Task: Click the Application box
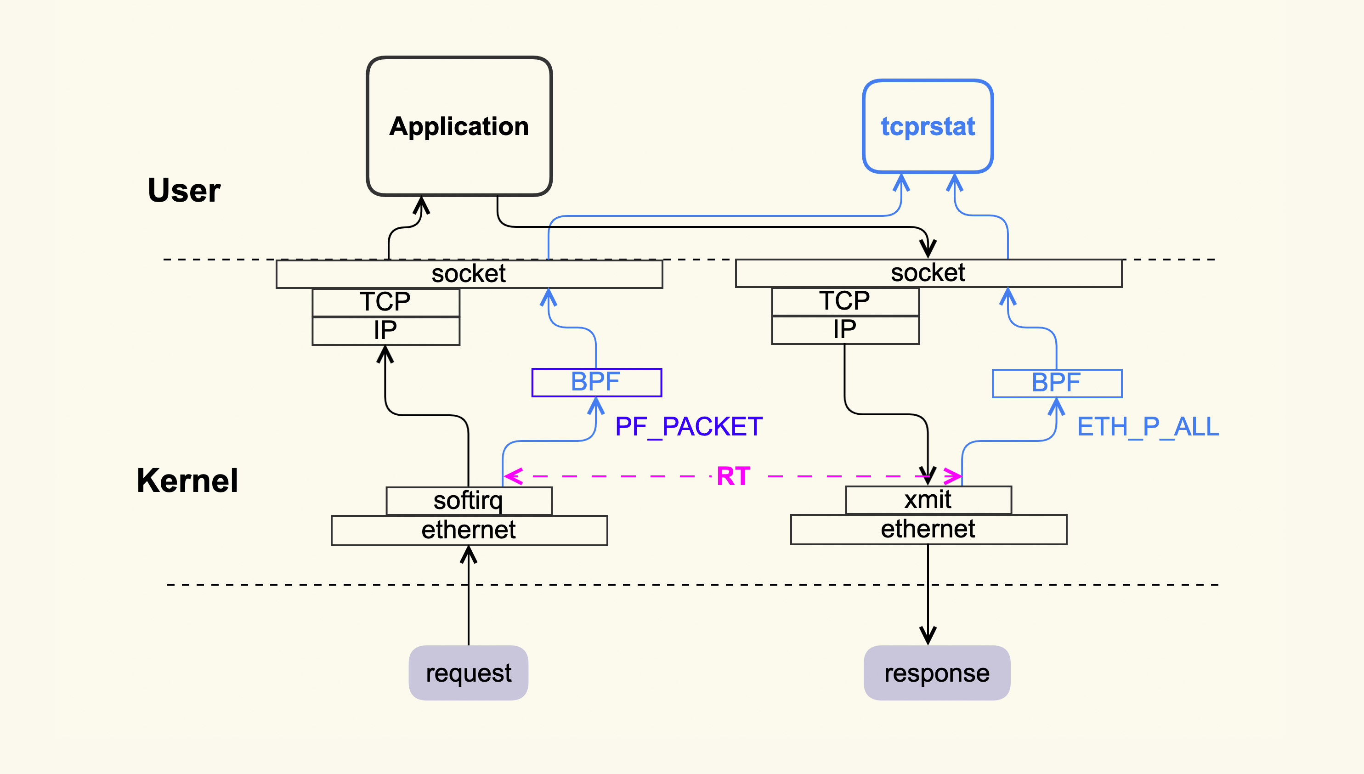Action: click(459, 126)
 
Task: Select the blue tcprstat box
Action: click(928, 126)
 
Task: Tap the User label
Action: click(184, 190)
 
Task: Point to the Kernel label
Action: click(187, 480)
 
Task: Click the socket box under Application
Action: click(469, 274)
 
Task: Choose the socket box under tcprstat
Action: click(928, 273)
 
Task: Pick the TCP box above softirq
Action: click(385, 302)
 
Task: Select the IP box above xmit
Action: click(845, 330)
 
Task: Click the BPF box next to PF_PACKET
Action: click(596, 382)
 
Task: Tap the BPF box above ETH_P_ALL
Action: click(1057, 383)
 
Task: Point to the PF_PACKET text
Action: click(688, 426)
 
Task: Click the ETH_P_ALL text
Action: click(1148, 426)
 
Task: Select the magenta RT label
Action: click(733, 476)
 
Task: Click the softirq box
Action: click(469, 501)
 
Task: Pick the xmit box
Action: click(928, 500)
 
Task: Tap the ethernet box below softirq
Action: click(469, 530)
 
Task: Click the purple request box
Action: click(468, 673)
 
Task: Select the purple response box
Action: click(937, 673)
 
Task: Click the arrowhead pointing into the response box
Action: click(928, 636)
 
